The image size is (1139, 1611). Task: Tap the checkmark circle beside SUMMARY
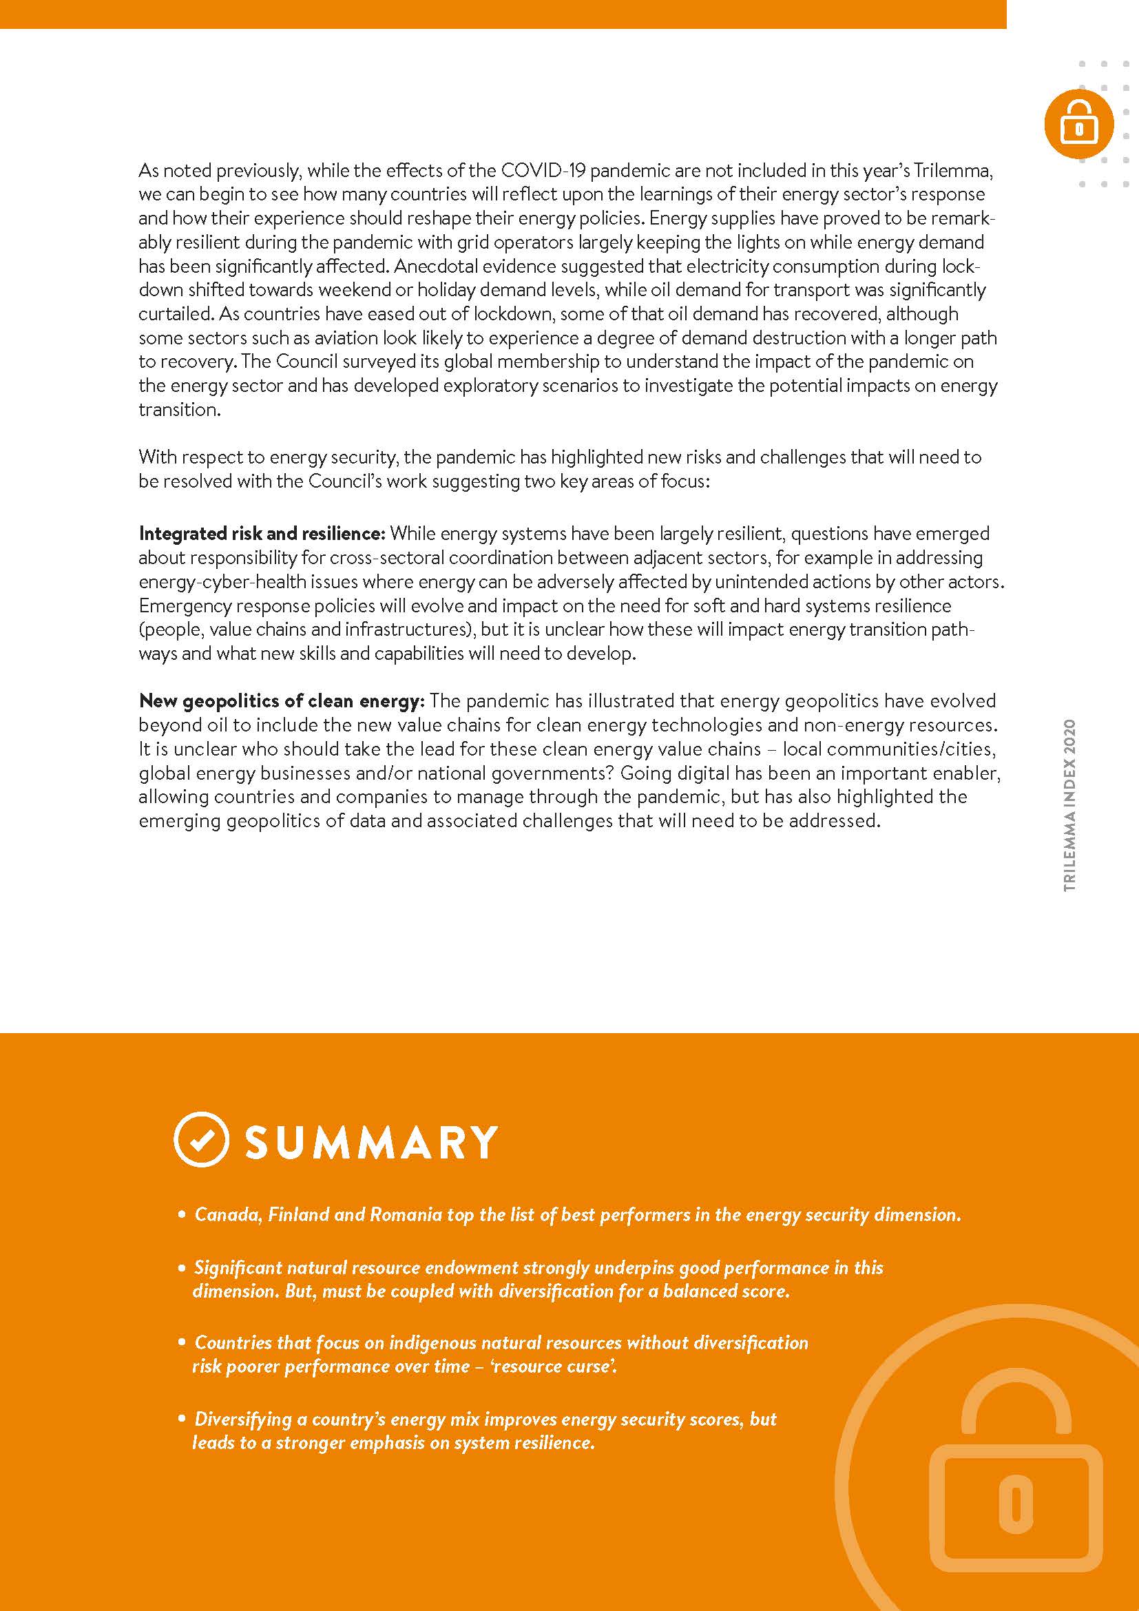200,1139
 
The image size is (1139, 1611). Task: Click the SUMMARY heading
371,1141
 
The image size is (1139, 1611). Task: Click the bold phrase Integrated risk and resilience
262,533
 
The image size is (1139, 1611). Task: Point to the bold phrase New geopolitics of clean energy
282,700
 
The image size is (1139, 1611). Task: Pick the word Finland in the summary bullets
298,1214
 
